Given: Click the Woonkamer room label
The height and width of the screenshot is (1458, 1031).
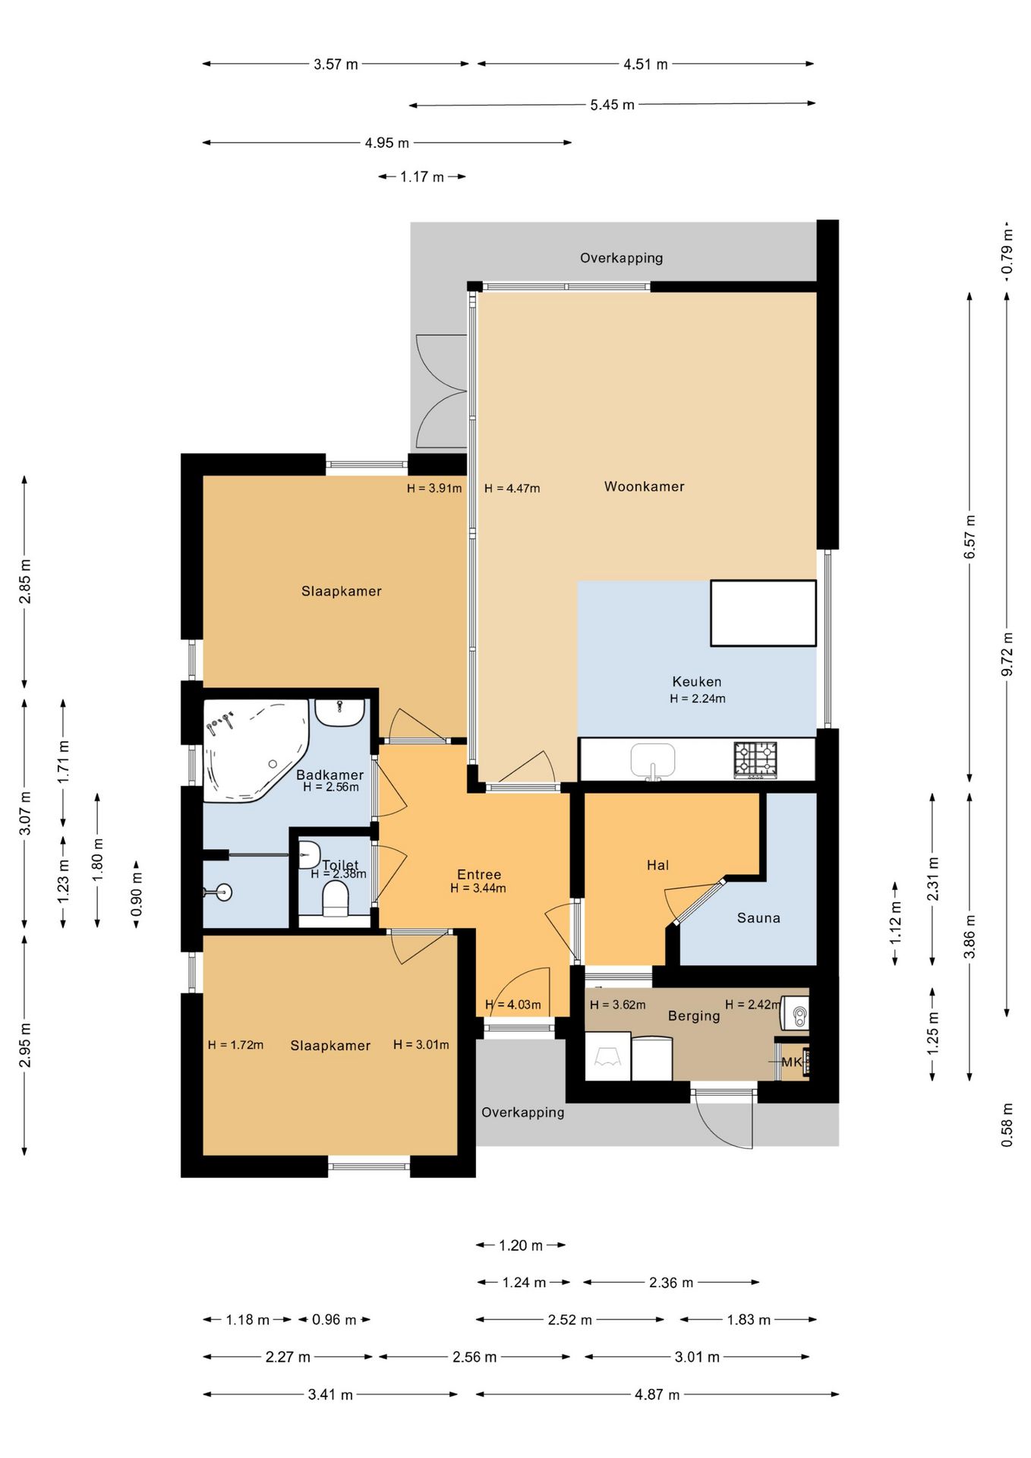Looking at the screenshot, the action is pyautogui.click(x=644, y=487).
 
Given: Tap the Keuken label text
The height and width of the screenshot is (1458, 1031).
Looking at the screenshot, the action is pyautogui.click(x=697, y=682).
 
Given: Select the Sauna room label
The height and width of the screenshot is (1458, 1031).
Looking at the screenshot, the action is pyautogui.click(x=758, y=918).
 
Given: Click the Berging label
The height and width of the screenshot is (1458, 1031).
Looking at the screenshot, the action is pyautogui.click(x=694, y=1016).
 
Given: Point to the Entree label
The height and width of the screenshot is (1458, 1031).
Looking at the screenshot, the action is pyautogui.click(x=479, y=875).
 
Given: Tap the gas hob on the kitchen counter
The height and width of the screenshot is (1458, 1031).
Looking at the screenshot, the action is pyautogui.click(x=755, y=760).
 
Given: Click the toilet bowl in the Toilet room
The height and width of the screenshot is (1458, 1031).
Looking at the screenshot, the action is pyautogui.click(x=335, y=899).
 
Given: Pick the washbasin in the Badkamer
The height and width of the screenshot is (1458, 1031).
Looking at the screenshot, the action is pyautogui.click(x=339, y=713).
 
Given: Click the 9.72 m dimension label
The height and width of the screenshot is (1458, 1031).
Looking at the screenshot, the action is pyautogui.click(x=1007, y=654).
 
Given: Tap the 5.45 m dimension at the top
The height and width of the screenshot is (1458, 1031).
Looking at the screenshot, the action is pyautogui.click(x=612, y=105).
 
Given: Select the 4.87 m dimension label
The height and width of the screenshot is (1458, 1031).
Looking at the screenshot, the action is pyautogui.click(x=657, y=1395).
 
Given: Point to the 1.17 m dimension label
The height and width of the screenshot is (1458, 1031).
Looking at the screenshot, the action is pyautogui.click(x=422, y=177).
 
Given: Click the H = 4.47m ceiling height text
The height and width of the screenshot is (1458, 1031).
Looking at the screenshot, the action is pyautogui.click(x=512, y=488).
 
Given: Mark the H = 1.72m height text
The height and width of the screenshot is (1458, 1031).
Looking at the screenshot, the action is pyautogui.click(x=236, y=1045).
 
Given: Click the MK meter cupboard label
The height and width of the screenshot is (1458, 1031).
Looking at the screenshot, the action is pyautogui.click(x=792, y=1062).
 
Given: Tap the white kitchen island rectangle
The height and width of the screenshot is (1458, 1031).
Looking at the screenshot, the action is pyautogui.click(x=763, y=614).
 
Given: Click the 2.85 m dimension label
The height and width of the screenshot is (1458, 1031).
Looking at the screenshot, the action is pyautogui.click(x=25, y=582).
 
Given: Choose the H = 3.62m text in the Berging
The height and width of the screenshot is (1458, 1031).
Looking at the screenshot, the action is pyautogui.click(x=618, y=1005).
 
